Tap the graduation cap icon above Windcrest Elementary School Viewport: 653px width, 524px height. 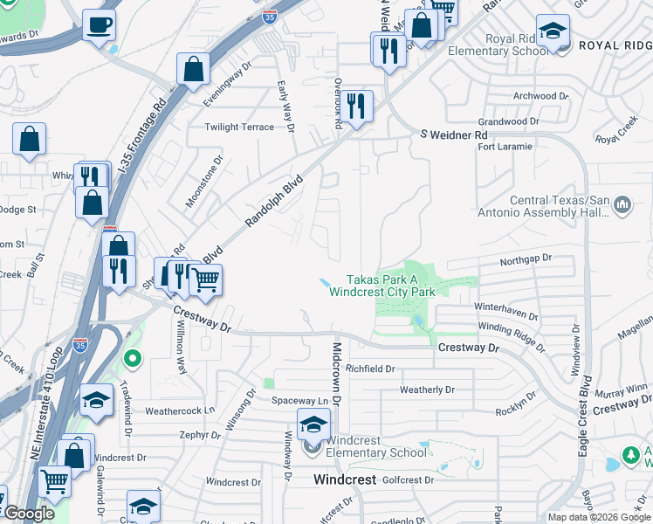(x=313, y=424)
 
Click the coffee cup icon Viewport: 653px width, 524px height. (x=99, y=24)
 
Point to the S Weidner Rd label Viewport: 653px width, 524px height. (x=453, y=135)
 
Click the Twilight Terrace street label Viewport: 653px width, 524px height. (x=239, y=128)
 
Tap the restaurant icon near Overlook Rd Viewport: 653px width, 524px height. (x=355, y=107)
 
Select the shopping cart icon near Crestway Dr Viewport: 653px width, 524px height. (x=205, y=280)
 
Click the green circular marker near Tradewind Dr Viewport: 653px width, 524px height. (x=133, y=357)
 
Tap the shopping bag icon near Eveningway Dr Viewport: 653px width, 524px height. (x=193, y=68)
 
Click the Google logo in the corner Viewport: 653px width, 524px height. (x=29, y=514)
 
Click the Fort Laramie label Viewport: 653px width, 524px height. (x=505, y=147)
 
